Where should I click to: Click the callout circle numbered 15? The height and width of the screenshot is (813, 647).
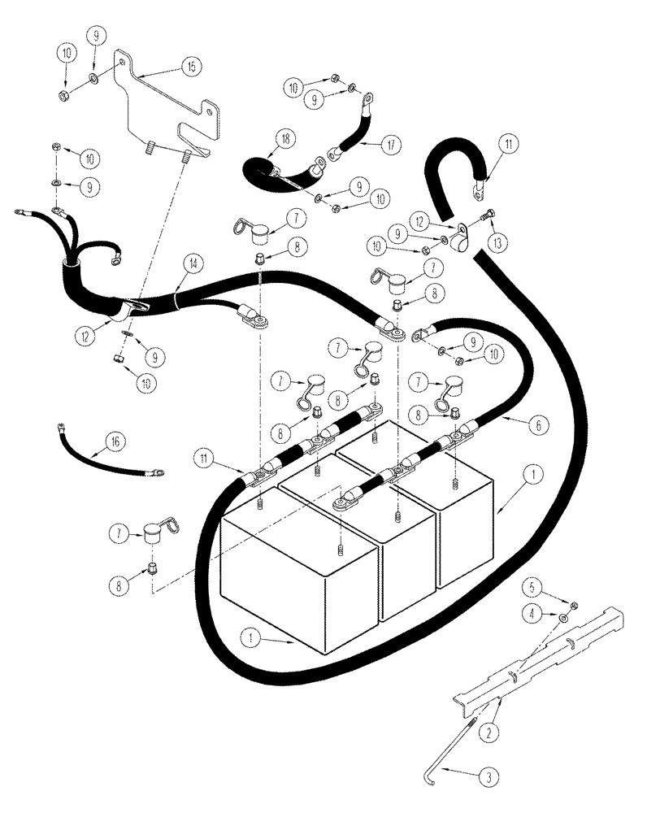190,69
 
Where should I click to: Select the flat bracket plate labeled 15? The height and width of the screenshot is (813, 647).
167,106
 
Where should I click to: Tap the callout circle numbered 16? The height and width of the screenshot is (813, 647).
115,441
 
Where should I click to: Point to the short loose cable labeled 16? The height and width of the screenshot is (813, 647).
106,452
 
